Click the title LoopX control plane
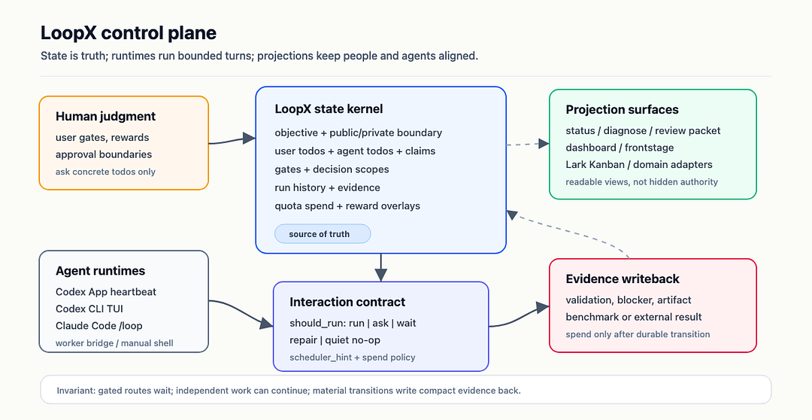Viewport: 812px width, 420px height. (129, 33)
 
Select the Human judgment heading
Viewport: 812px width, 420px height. (106, 116)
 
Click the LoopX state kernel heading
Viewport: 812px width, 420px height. (329, 109)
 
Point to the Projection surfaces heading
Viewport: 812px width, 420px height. (622, 109)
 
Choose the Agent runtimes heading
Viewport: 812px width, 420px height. (101, 271)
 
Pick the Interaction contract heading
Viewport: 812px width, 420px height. (347, 302)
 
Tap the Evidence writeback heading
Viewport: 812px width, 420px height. (623, 278)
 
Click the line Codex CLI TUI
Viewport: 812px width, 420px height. (89, 309)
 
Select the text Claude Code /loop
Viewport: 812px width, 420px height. (99, 326)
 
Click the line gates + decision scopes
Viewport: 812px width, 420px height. (332, 169)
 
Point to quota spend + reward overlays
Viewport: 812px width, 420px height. (347, 205)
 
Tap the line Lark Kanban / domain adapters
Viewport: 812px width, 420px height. (639, 164)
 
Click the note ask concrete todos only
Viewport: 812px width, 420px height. (106, 172)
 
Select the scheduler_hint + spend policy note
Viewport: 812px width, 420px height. (352, 358)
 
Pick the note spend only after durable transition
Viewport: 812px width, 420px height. (638, 334)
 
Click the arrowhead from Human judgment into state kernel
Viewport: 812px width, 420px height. (249, 138)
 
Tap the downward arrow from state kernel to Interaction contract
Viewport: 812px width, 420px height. (380, 267)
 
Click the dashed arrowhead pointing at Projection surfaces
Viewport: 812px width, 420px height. (544, 144)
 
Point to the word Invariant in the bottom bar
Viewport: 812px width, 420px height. (77, 391)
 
